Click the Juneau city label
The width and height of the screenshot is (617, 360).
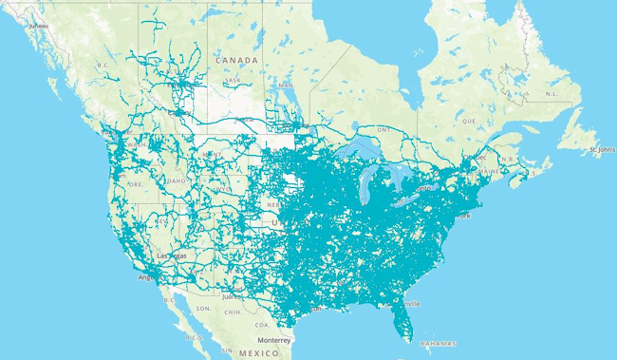(x=38, y=26)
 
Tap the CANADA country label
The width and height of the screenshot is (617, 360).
(x=236, y=60)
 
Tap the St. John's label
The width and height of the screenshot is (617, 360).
(x=603, y=149)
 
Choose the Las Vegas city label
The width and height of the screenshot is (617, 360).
(x=176, y=256)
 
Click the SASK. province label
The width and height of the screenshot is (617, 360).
(x=232, y=80)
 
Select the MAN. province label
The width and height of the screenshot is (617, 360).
(x=286, y=86)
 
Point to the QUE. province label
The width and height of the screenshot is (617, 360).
(x=467, y=122)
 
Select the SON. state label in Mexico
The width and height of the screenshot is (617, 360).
(x=203, y=309)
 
